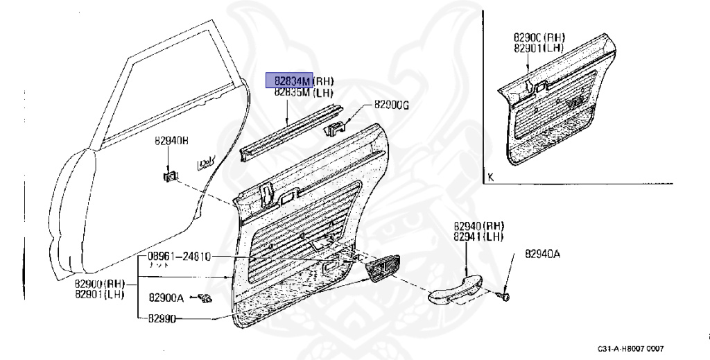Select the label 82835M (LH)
(303, 92)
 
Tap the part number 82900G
(392, 105)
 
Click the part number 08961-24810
(178, 257)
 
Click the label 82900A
(166, 298)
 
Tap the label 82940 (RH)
(478, 226)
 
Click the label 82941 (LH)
(478, 236)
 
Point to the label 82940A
(542, 254)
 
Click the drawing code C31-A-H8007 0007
(634, 349)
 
